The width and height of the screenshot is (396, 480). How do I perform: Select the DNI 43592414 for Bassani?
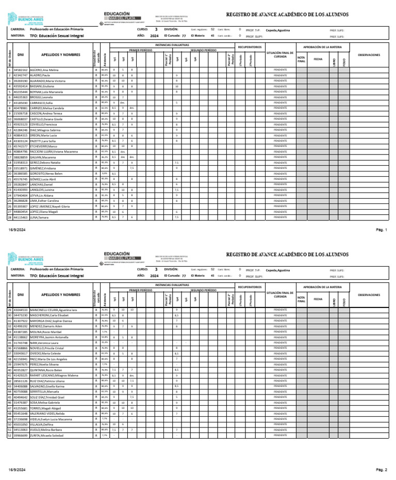click(x=21, y=86)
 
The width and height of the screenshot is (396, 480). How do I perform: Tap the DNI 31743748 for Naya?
click(x=21, y=342)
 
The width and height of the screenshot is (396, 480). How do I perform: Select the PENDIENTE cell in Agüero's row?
click(x=280, y=70)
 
